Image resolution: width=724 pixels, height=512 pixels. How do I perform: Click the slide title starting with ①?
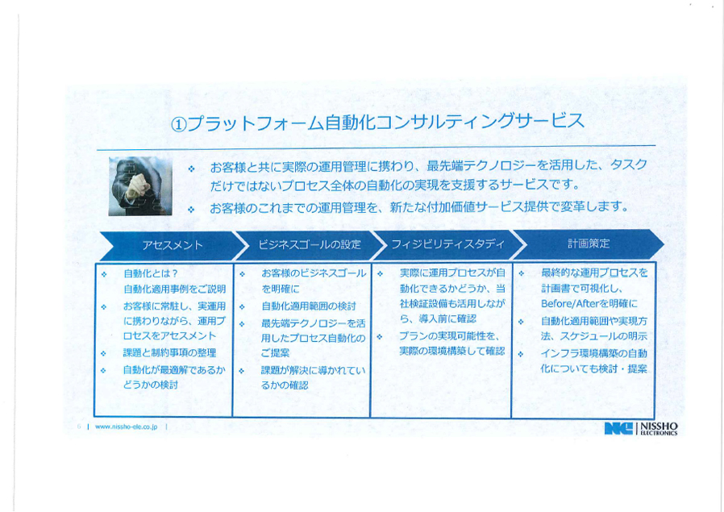pyautogui.click(x=377, y=123)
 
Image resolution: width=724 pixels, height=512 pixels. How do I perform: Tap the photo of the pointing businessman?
pyautogui.click(x=140, y=186)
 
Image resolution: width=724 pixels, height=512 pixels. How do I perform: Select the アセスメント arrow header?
pyautogui.click(x=172, y=245)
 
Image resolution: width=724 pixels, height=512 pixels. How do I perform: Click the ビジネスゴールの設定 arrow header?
pyautogui.click(x=310, y=244)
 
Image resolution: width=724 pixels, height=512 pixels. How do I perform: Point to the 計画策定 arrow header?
pyautogui.click(x=589, y=244)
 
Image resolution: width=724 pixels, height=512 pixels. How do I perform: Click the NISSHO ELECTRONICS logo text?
pyautogui.click(x=659, y=428)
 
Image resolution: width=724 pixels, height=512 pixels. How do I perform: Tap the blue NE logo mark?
pyautogui.click(x=618, y=428)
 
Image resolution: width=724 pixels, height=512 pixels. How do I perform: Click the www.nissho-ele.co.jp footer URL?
pyautogui.click(x=126, y=427)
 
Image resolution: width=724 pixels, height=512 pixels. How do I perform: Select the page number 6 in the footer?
pyautogui.click(x=79, y=427)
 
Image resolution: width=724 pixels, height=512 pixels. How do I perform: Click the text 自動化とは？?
pyautogui.click(x=151, y=273)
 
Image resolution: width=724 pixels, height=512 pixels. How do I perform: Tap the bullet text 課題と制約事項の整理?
pyautogui.click(x=169, y=353)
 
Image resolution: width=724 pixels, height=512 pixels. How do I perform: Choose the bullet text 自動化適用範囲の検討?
pyautogui.click(x=309, y=306)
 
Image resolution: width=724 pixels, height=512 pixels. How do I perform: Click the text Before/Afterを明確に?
pyautogui.click(x=589, y=304)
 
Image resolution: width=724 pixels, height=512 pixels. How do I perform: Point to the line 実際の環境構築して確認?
pyautogui.click(x=452, y=352)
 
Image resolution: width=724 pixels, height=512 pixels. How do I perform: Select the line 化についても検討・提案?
pyautogui.click(x=593, y=368)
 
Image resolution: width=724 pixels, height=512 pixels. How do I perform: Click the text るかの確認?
pyautogui.click(x=285, y=385)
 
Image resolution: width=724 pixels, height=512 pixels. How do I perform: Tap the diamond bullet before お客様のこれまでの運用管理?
pyautogui.click(x=191, y=210)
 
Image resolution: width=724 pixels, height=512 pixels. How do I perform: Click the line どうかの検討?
pyautogui.click(x=151, y=385)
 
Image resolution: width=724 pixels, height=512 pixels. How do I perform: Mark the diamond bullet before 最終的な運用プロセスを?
pyautogui.click(x=522, y=274)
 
